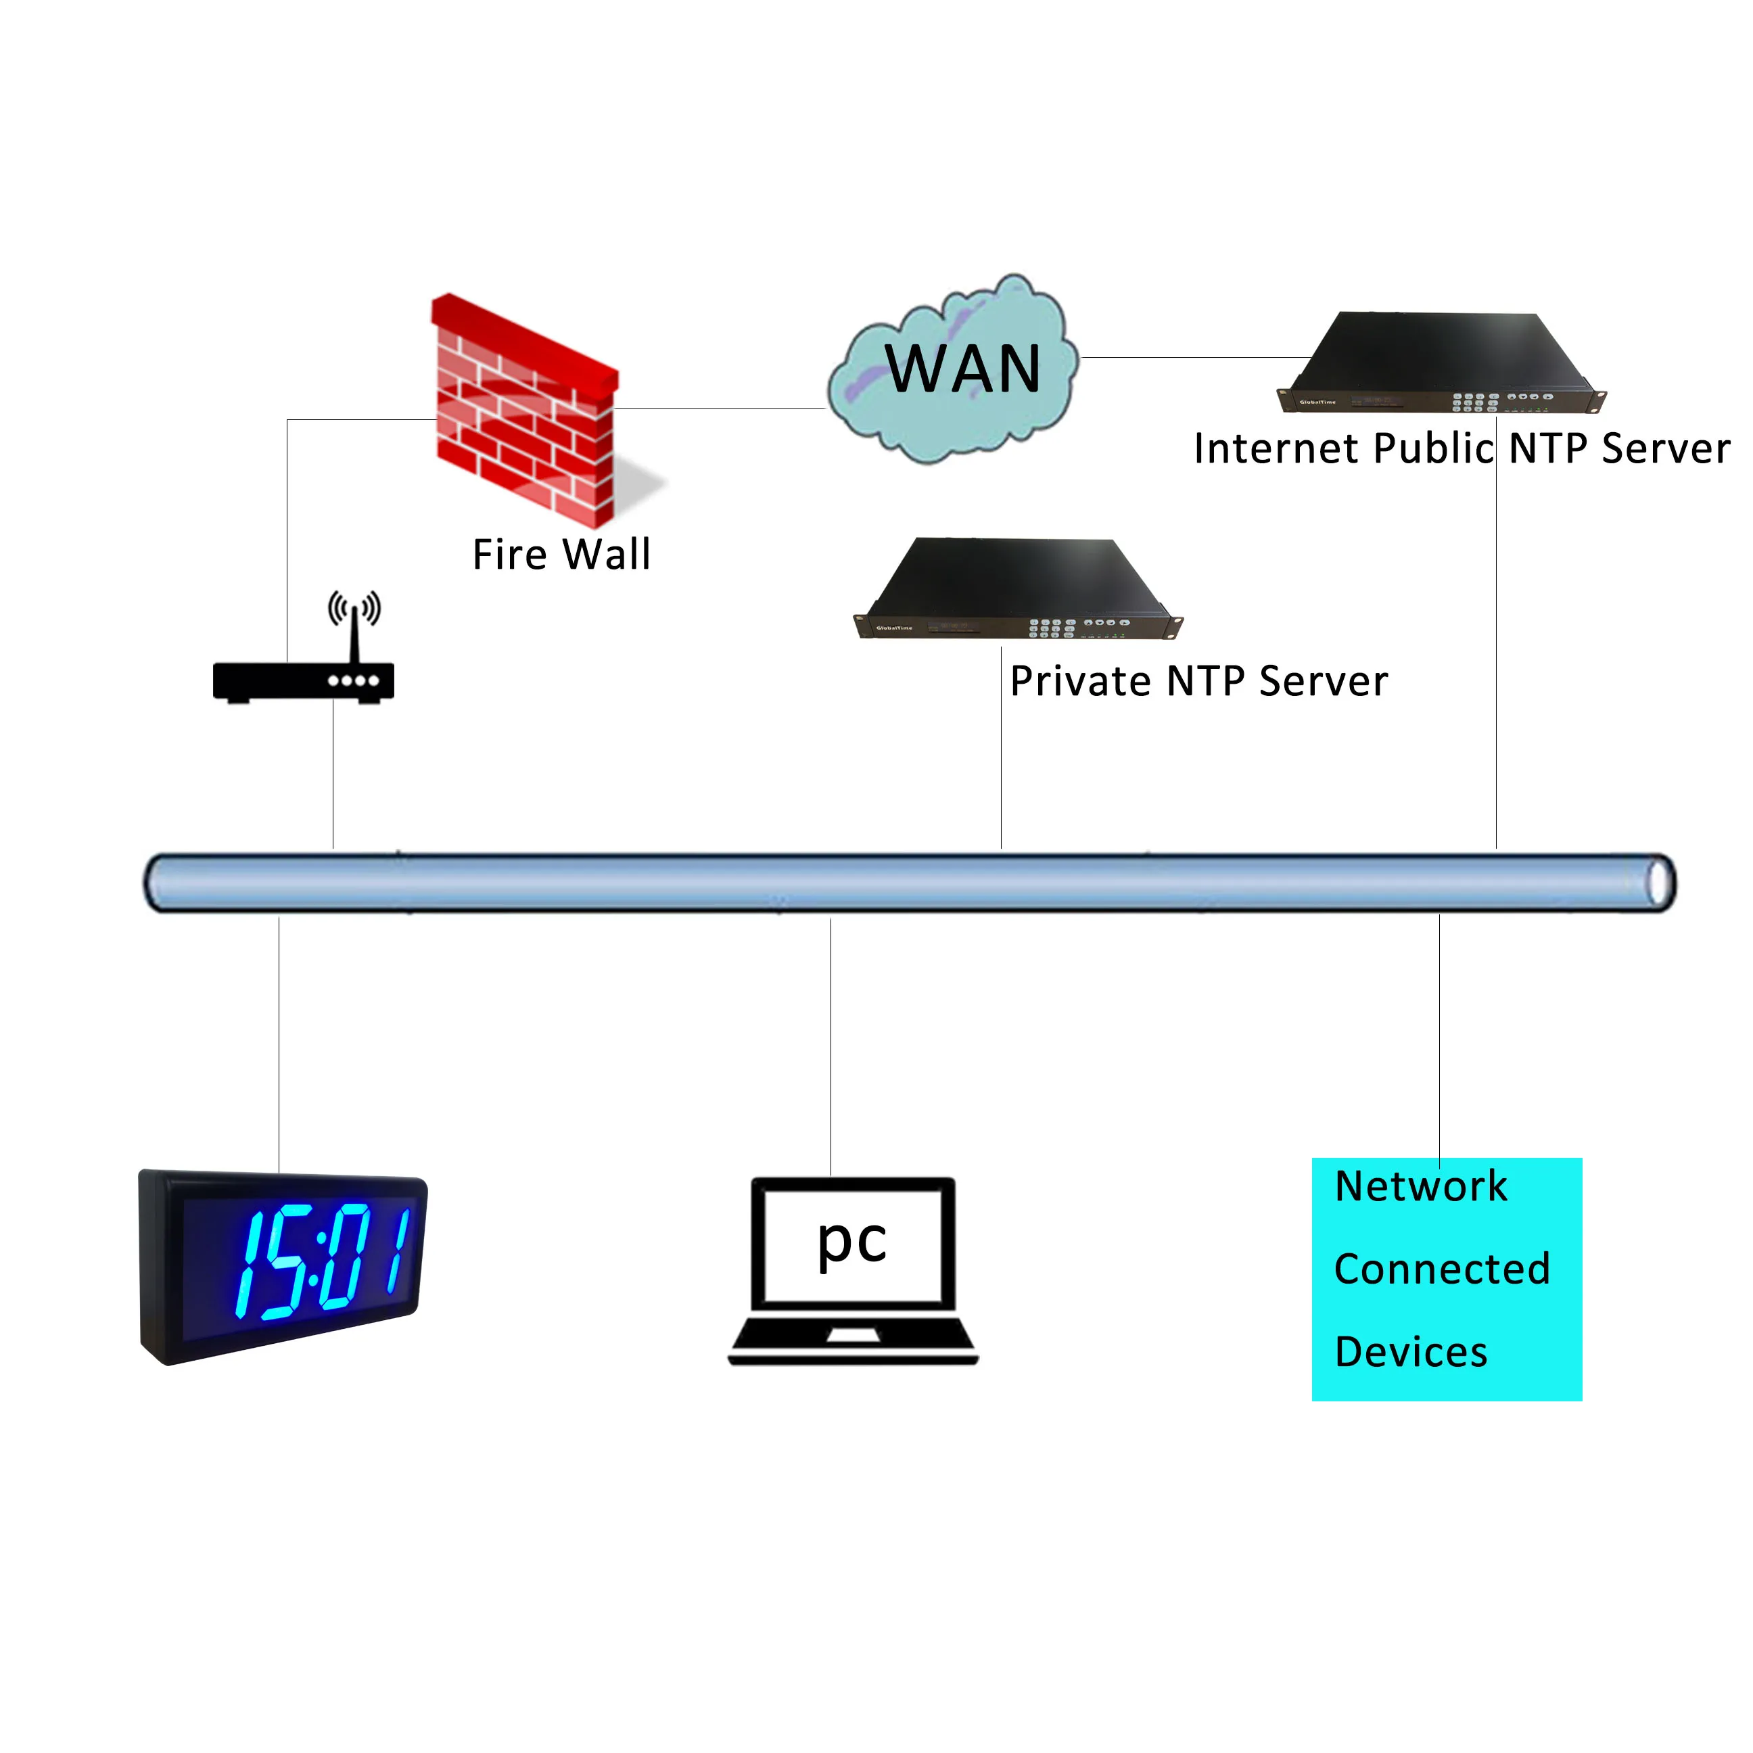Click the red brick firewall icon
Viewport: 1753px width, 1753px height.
point(524,413)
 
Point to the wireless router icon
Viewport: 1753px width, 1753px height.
point(303,680)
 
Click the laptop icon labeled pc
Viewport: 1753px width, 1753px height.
point(853,1270)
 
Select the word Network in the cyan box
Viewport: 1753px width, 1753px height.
point(1421,1186)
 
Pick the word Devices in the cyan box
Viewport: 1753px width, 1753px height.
point(1411,1352)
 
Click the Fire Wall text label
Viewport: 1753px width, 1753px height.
point(561,555)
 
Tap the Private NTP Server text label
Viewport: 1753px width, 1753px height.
point(1198,682)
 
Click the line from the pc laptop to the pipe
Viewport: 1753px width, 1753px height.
point(831,1044)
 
